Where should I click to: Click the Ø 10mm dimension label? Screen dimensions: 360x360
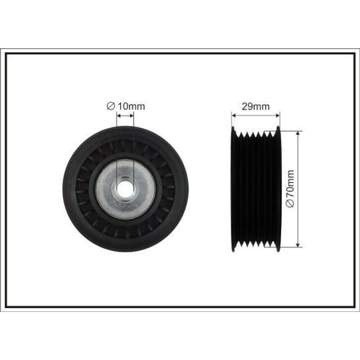point(126,107)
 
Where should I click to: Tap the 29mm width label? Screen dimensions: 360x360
point(256,107)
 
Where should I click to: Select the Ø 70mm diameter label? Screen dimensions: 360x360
point(290,189)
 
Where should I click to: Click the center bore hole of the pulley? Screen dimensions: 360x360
point(126,189)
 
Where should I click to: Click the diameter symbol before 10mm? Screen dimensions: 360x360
point(111,107)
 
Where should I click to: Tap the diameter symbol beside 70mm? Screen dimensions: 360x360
point(290,203)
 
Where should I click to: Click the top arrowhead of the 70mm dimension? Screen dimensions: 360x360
point(298,133)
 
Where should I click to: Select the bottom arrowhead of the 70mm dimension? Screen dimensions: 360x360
point(298,245)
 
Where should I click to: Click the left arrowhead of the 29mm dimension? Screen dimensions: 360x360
point(234,115)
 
